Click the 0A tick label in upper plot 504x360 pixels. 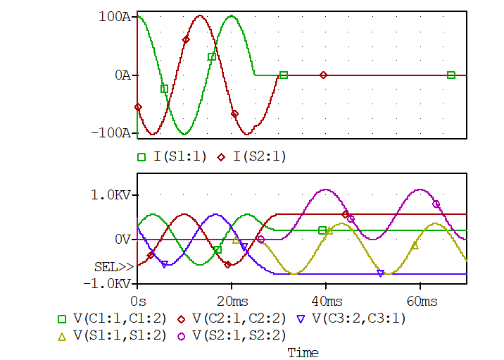point(122,75)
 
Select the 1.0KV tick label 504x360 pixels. point(113,195)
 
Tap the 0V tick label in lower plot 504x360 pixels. point(122,240)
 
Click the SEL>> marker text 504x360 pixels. point(113,267)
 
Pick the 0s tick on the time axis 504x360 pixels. point(138,302)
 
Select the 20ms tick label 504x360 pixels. point(232,302)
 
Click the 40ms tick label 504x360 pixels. point(326,302)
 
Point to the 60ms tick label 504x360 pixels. point(420,302)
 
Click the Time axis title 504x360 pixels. point(303,353)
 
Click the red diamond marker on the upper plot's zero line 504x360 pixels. point(324,75)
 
